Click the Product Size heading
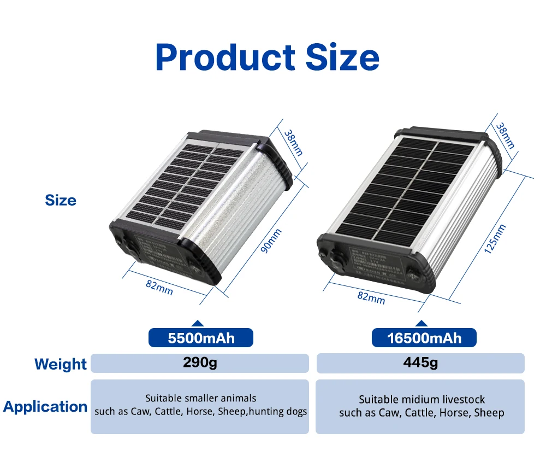coord(267,57)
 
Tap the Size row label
coord(61,200)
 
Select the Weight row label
coord(61,364)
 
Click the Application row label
coord(45,407)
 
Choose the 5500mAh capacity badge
coord(201,338)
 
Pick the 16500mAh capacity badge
coord(424,338)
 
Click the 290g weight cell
coord(200,363)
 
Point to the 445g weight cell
coord(420,363)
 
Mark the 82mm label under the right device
coord(371,297)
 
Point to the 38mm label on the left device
coord(293,142)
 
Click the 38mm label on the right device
coord(505,136)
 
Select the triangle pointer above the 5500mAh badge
coord(198,324)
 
